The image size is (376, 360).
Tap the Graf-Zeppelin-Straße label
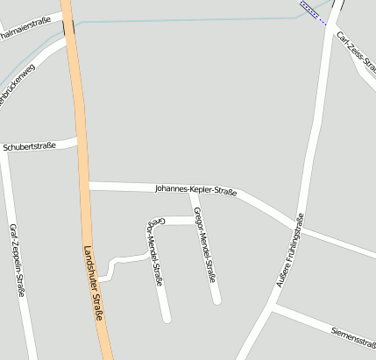(x=17, y=261)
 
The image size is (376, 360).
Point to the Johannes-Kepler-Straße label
(x=195, y=188)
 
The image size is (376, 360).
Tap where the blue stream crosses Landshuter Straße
(x=68, y=25)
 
